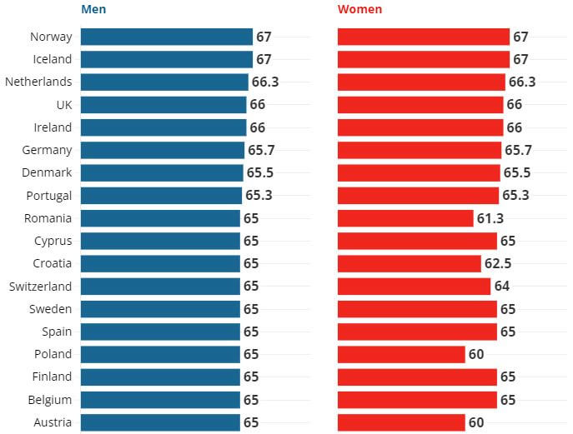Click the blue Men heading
[93, 10]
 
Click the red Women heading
[359, 10]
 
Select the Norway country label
[51, 37]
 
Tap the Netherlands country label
[38, 82]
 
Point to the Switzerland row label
[40, 286]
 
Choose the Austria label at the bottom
[53, 422]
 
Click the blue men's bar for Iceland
[166, 59]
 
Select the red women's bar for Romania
[405, 218]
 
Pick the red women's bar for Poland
[401, 354]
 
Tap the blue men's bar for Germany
[163, 150]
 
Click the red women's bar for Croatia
[410, 263]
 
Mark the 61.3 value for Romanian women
[490, 218]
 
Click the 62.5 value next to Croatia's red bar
[498, 263]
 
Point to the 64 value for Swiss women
[501, 286]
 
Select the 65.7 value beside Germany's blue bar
[262, 150]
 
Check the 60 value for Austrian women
[475, 422]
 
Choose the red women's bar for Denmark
[419, 172]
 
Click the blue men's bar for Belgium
[160, 399]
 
